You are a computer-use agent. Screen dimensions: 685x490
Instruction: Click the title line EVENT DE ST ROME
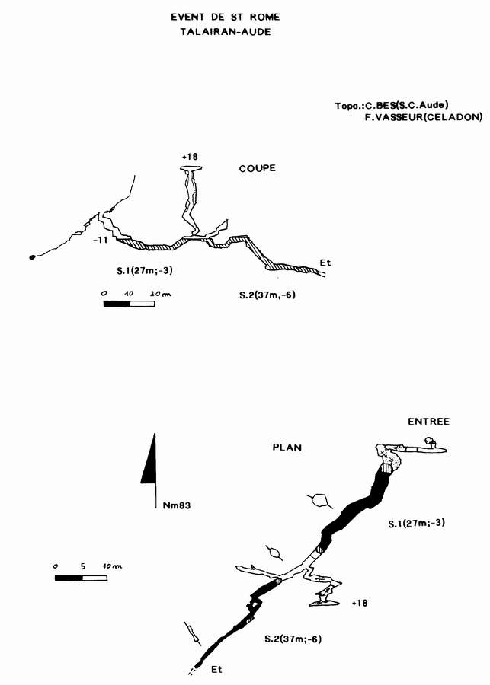(220, 17)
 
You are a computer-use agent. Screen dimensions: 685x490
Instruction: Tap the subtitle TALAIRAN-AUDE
(221, 31)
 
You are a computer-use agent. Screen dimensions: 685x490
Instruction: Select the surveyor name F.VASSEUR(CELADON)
(424, 117)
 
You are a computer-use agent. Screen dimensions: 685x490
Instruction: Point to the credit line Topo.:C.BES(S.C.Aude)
(391, 105)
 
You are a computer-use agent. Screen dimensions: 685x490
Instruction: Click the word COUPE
(257, 168)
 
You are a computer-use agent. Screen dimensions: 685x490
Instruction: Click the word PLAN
(287, 448)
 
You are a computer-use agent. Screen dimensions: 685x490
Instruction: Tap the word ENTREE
(428, 421)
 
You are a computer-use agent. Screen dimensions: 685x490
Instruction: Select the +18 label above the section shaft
(190, 157)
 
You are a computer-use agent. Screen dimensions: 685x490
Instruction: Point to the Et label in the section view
(325, 263)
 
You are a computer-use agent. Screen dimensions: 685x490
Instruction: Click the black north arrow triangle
(150, 460)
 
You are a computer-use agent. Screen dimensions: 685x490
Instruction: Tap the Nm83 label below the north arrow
(176, 505)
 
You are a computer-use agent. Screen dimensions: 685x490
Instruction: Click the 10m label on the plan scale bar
(112, 566)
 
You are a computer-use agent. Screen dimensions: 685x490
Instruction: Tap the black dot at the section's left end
(32, 257)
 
